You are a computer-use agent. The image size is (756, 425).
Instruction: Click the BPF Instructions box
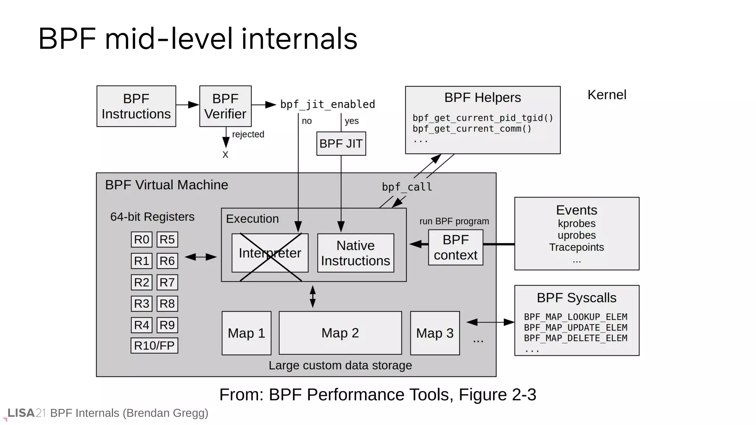tap(136, 106)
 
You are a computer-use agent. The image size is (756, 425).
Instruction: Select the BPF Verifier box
tap(225, 106)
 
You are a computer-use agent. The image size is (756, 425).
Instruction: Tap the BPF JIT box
tap(341, 144)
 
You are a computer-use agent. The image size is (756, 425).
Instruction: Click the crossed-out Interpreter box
tap(270, 253)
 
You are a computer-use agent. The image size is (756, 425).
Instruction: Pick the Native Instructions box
tap(355, 253)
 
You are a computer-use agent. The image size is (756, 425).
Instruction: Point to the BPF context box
tap(456, 247)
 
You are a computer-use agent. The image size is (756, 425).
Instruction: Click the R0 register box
tap(141, 239)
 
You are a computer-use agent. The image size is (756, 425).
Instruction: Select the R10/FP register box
tap(154, 346)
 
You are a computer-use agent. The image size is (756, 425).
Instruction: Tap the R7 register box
tap(167, 282)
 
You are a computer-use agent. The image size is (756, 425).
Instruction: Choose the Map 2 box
tap(340, 333)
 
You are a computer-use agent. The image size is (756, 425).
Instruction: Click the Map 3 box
tap(435, 333)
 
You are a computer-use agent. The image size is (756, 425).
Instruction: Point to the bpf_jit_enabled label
tap(327, 104)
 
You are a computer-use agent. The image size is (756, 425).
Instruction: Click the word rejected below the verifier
tap(248, 134)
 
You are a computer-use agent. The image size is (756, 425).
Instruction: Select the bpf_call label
tap(407, 187)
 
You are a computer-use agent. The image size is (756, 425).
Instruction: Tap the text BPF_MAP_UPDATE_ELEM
tap(575, 328)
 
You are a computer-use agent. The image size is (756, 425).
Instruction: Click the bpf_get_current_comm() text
tap(472, 129)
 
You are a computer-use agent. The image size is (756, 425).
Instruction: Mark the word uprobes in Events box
tap(577, 235)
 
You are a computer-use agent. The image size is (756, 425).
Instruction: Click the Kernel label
tap(607, 95)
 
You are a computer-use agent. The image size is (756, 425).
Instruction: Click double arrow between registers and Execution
tap(200, 257)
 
